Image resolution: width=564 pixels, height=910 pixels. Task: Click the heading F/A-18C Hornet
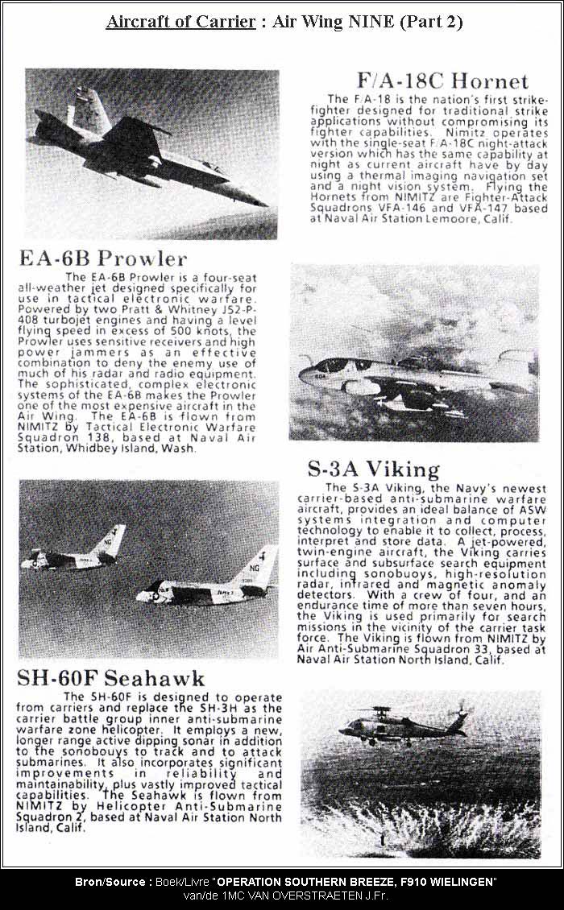coord(442,81)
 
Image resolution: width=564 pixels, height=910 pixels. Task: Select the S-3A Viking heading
coord(373,469)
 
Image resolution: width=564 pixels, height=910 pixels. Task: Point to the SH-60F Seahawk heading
coord(112,678)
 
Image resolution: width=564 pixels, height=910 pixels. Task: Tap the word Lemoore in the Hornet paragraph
coord(458,218)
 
